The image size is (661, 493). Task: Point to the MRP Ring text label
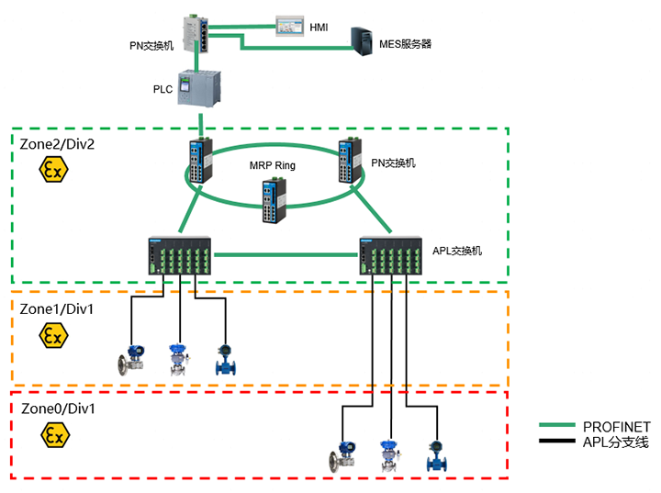[273, 164]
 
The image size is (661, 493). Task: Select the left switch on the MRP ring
[200, 162]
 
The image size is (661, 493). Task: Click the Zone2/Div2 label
[57, 144]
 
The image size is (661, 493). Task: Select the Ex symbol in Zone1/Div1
[53, 336]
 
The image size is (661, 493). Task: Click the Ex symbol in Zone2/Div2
[53, 170]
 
